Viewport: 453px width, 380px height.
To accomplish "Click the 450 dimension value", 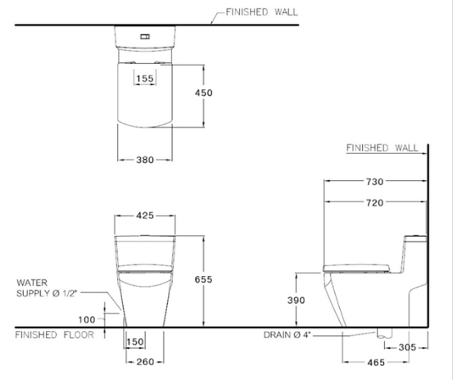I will (203, 93).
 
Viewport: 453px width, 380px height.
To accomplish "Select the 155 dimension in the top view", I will (147, 79).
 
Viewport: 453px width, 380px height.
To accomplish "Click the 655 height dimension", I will (203, 280).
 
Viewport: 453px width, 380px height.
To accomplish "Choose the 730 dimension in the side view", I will (374, 181).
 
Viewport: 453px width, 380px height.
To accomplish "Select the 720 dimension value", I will (374, 201).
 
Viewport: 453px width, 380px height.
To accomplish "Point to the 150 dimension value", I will (136, 342).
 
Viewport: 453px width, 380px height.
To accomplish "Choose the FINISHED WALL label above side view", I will (382, 148).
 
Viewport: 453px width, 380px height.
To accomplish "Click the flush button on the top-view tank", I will (146, 37).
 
